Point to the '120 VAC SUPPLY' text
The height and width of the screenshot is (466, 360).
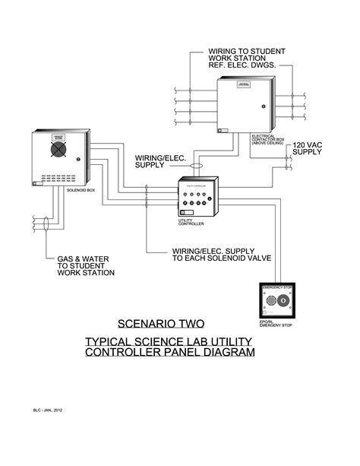point(308,147)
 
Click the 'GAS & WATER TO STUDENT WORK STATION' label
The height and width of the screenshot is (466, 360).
point(85,265)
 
